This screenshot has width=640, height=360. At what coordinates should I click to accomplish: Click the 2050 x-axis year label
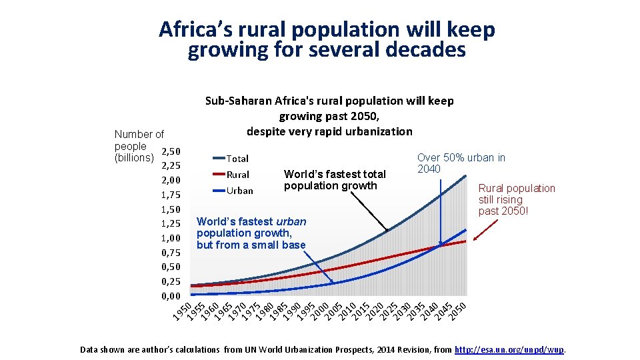[x=457, y=311]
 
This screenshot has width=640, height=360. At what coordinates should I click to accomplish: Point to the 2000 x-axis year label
[x=319, y=311]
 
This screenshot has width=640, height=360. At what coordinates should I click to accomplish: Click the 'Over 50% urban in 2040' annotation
[x=461, y=163]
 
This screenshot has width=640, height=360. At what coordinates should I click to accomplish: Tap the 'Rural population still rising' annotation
[x=516, y=199]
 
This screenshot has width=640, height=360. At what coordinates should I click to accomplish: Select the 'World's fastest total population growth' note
[x=335, y=180]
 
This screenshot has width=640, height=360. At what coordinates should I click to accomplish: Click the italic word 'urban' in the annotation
[x=291, y=221]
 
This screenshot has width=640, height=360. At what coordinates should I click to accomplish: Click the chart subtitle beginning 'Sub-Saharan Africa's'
[x=329, y=116]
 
